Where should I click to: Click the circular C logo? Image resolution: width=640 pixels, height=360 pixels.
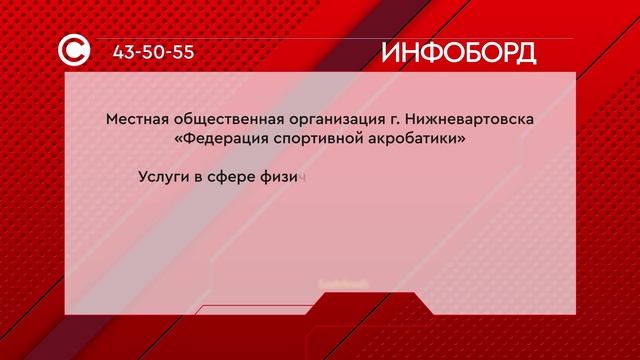tap(78, 51)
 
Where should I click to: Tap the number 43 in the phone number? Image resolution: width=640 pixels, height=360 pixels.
tap(126, 52)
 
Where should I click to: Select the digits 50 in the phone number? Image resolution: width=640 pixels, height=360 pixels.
tap(154, 52)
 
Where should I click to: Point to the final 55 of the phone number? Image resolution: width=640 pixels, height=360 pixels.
tap(181, 52)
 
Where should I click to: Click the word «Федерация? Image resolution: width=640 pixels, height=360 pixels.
tap(221, 141)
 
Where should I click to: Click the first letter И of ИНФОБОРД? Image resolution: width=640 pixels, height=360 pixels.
tap(389, 52)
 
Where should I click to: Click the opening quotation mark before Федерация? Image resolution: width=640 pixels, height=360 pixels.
tap(179, 141)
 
